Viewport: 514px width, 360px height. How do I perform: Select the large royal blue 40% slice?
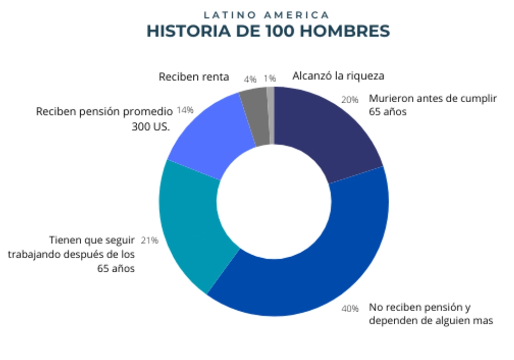pos(319,262)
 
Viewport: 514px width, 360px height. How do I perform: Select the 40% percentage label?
pos(350,309)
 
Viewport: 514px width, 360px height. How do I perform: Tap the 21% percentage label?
pos(150,240)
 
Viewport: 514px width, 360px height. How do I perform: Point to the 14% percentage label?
pos(185,110)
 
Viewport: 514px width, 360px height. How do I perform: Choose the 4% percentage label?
pos(250,79)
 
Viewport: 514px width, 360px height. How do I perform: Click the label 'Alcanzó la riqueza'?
pos(338,76)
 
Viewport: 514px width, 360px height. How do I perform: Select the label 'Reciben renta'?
pos(194,77)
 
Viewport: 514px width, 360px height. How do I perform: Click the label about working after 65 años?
pos(72,254)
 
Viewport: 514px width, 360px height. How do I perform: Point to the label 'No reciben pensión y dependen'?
pos(431,314)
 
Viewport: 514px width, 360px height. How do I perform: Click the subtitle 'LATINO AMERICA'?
pos(266,14)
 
